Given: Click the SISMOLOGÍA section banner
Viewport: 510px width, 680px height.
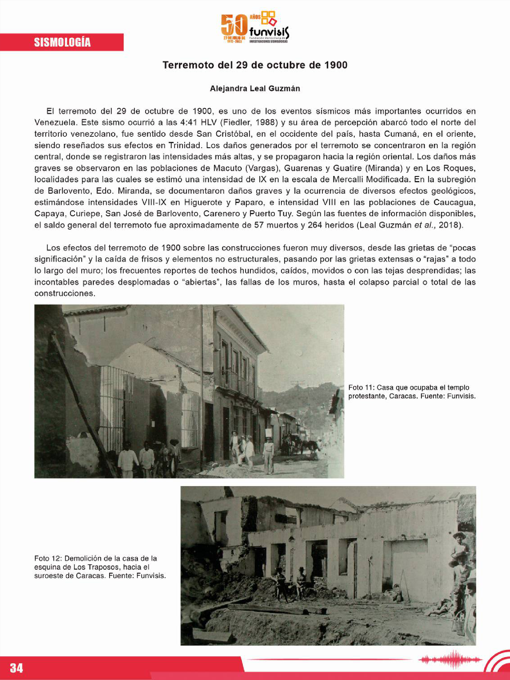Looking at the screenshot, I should (62, 42).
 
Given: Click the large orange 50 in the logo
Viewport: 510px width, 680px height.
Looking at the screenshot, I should (234, 26).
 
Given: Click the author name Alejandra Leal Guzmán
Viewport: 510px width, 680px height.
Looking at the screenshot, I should (255, 89).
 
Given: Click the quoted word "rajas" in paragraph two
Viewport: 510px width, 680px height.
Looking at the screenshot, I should (436, 259).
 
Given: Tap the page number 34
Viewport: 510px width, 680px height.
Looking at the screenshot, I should (16, 668).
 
